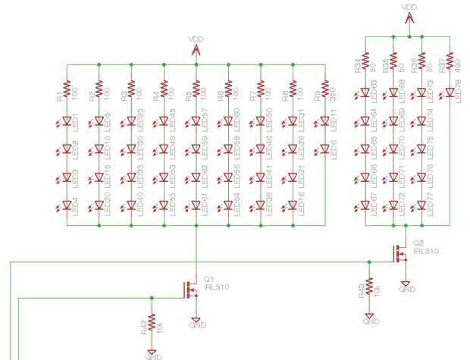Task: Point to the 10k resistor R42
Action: (152, 322)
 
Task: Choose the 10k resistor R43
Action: (370, 286)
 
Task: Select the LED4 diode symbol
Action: (67, 206)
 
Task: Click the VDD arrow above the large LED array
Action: (196, 49)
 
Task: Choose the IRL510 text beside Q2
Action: (426, 250)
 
